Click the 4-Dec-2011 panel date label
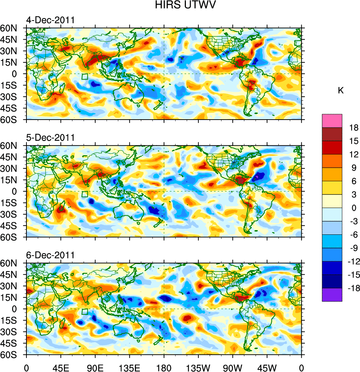(x=50, y=20)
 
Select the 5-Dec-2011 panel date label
(x=50, y=138)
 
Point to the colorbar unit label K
(x=341, y=91)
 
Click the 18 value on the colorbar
(x=354, y=127)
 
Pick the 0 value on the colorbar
(x=354, y=208)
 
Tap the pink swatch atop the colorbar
(x=332, y=121)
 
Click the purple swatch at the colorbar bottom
(x=332, y=295)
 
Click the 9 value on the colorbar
(x=354, y=168)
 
